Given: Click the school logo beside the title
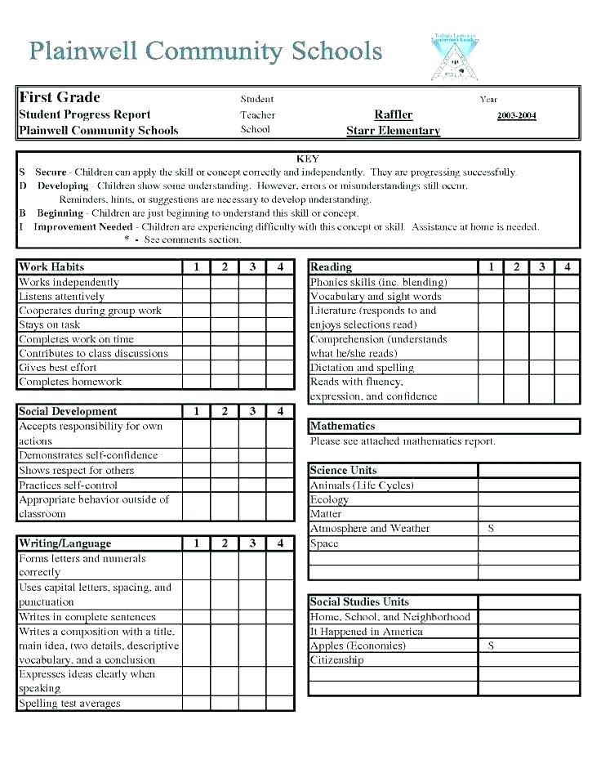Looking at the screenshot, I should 454,56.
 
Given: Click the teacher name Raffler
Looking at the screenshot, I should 394,114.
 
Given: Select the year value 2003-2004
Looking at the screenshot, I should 516,115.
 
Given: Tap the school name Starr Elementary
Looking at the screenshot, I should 393,131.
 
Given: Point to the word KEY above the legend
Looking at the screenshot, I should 309,159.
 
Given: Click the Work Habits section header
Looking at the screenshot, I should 51,267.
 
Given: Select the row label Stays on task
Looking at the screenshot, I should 50,324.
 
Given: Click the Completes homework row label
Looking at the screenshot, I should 70,382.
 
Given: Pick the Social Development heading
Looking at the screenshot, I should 68,412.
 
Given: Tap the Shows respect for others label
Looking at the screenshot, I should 76,470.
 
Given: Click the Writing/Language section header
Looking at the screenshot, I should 65,543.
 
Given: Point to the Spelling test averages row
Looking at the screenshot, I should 69,704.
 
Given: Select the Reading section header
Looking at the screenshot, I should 331,267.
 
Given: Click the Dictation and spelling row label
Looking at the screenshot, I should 362,368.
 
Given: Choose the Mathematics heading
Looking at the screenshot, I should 342,426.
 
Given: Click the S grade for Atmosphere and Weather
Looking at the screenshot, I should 491,529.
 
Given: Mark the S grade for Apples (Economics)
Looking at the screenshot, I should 491,646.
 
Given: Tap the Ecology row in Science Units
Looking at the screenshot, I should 329,499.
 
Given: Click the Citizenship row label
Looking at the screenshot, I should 336,660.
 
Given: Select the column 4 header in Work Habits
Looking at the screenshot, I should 280,267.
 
